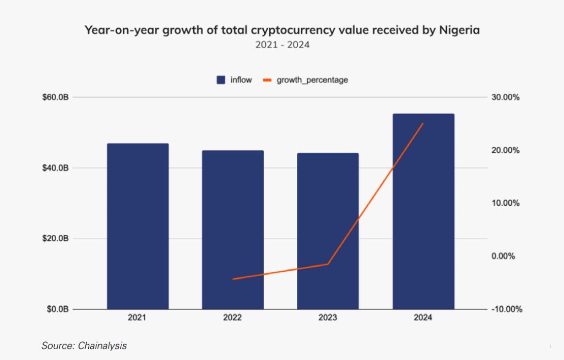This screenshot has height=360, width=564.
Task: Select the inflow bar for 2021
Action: click(138, 226)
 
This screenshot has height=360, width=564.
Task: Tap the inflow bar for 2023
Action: click(328, 231)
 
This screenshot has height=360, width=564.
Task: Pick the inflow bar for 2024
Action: click(423, 212)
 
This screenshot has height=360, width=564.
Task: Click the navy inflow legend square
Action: click(221, 80)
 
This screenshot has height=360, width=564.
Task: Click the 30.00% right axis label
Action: click(506, 97)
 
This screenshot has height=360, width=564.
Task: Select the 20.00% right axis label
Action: click(506, 150)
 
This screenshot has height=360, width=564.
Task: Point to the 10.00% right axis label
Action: click(506, 203)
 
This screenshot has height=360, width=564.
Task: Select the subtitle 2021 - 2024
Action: click(282, 45)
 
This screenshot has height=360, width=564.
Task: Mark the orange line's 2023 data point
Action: click(328, 264)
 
